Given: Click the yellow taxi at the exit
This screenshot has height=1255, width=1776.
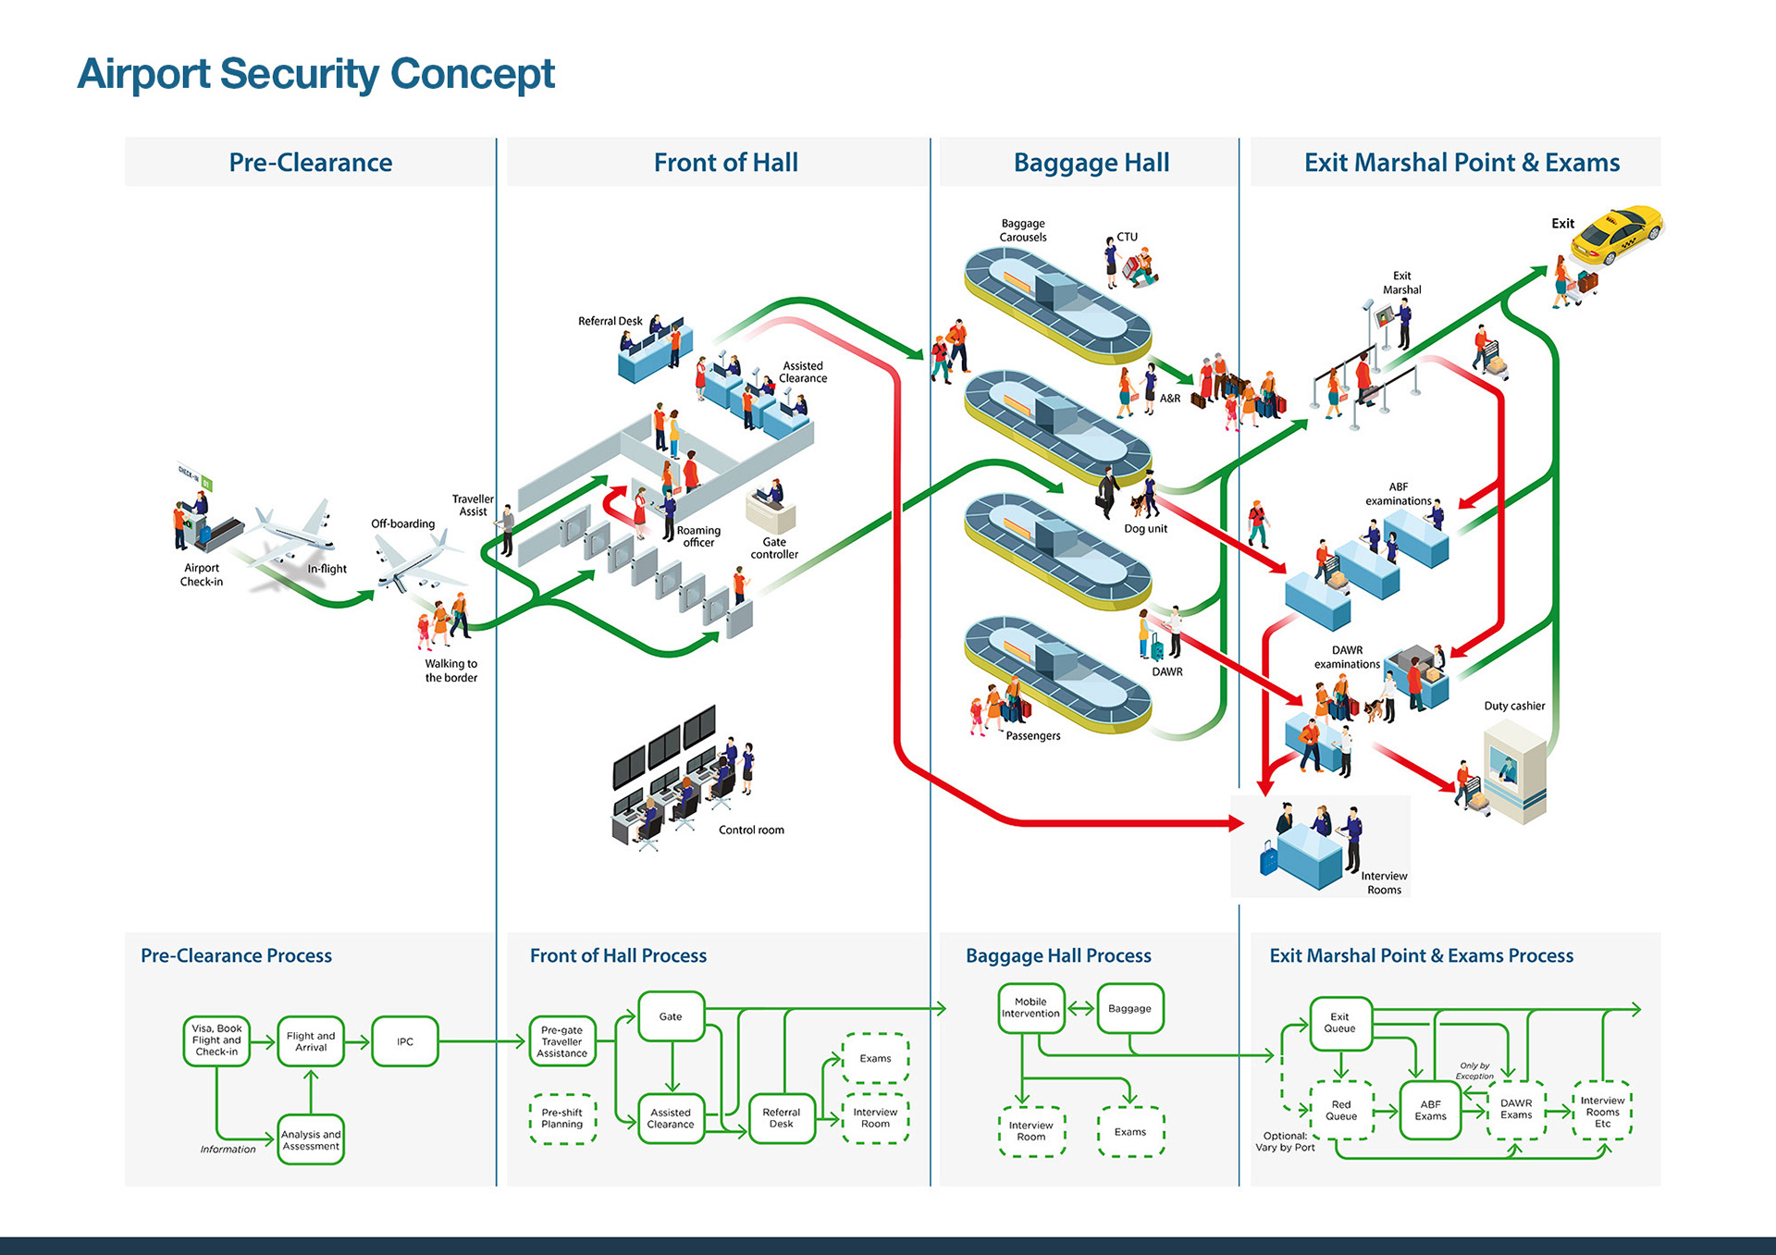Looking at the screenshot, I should coord(1617,234).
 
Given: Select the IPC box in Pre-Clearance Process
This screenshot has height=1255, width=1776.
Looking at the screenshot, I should coord(404,1041).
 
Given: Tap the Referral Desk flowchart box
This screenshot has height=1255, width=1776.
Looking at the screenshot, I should coord(781,1118).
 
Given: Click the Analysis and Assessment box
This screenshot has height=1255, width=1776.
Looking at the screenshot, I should coord(311,1140).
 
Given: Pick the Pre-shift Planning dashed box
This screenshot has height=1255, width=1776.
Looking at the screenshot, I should coord(562,1119).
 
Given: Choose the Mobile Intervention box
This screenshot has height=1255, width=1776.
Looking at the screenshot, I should coord(1030,1008).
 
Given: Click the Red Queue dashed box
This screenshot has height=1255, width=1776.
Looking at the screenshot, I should coord(1341,1111).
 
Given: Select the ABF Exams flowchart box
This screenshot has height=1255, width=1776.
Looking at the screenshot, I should coord(1430,1111).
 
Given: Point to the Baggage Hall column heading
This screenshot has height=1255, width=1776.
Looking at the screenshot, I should coord(1091,163).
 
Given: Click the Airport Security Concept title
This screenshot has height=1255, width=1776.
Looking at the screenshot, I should coord(315,74).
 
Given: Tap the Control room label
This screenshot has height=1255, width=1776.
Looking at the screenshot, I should coord(751,831).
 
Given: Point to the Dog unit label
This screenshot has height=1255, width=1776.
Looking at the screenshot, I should coord(1145,529).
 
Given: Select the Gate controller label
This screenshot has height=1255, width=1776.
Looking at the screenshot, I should coord(774,548).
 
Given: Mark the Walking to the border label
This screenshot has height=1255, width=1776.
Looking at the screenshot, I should coord(451,671).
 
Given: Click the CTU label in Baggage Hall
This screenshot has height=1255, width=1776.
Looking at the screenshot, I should coord(1127,237).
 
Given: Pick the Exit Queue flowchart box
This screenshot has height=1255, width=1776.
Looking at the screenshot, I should coord(1339,1023).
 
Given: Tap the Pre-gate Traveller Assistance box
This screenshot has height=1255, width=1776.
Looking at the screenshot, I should coord(562,1041).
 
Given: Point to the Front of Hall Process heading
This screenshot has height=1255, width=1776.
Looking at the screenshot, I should coord(618,955).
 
